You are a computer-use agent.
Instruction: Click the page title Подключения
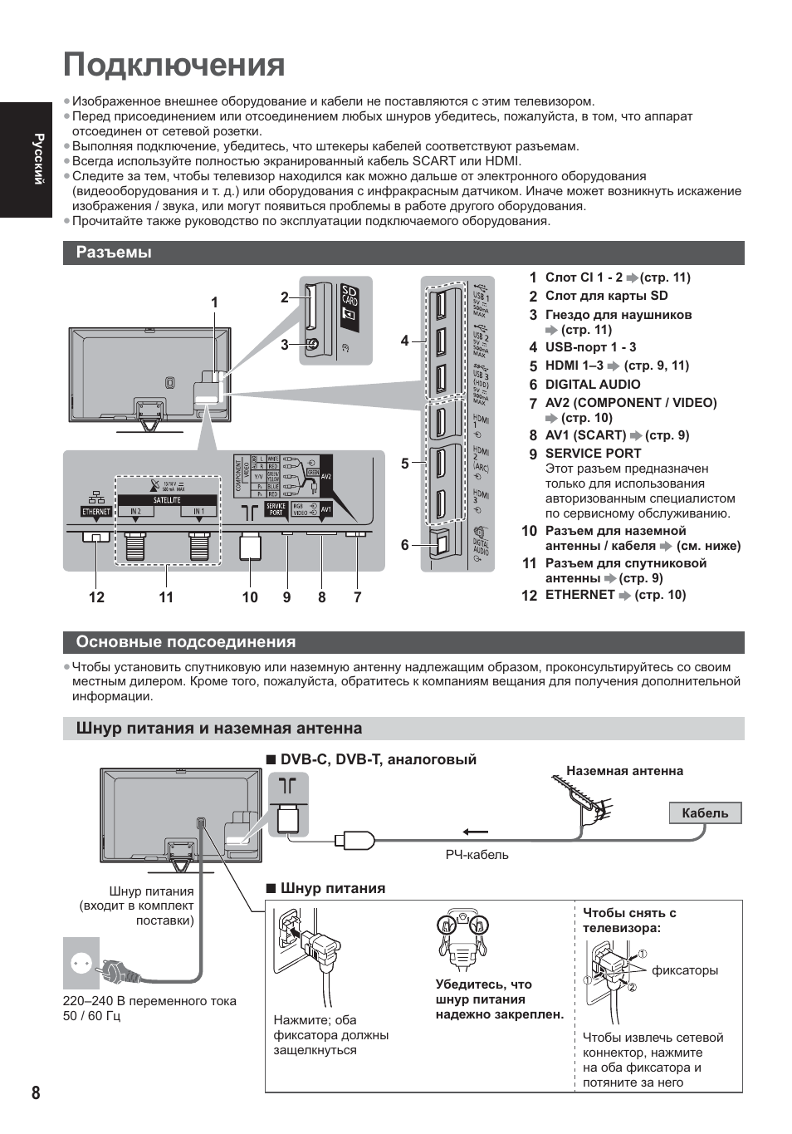point(174,65)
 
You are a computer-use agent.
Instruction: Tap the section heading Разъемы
point(114,253)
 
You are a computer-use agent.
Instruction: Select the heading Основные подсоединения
point(186,642)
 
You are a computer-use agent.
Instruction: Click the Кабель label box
point(705,813)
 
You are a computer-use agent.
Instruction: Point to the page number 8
point(36,1092)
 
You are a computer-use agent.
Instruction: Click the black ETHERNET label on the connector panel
point(96,512)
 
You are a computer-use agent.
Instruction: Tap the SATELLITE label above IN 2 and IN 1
point(167,500)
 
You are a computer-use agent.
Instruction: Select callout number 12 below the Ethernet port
point(96,597)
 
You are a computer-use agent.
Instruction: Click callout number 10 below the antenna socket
point(250,597)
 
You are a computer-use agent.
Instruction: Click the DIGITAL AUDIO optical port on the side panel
point(439,543)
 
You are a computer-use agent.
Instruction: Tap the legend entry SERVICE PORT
point(593,454)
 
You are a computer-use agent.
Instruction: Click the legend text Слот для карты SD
point(606,296)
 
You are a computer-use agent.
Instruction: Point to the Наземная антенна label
point(624,771)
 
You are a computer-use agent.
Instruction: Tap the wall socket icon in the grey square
point(81,963)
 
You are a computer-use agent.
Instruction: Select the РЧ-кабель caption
point(477,855)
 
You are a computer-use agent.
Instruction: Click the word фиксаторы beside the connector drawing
point(685,970)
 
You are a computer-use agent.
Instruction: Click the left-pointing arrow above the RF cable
point(475,832)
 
